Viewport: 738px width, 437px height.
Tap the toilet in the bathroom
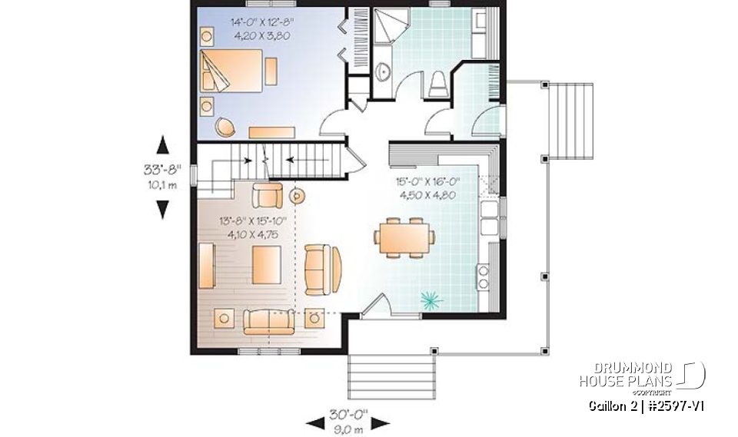pyautogui.click(x=437, y=84)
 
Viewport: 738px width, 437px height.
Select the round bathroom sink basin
pyautogui.click(x=384, y=72)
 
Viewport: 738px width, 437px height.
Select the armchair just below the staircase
pyautogui.click(x=267, y=196)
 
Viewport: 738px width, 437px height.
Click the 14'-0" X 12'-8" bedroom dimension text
pyautogui.click(x=261, y=28)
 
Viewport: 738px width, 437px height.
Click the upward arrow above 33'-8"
pyautogui.click(x=163, y=145)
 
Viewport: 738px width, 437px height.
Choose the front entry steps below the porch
pyautogui.click(x=388, y=373)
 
